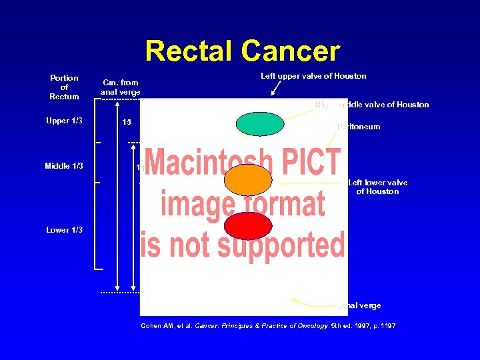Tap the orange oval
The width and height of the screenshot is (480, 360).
248,180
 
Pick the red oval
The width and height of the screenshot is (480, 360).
248,226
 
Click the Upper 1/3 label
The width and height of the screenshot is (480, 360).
64,121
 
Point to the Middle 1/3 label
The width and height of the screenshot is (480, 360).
64,166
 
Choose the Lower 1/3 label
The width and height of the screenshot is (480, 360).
64,230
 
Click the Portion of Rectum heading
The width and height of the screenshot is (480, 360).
64,87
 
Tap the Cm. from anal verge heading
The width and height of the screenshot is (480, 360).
120,87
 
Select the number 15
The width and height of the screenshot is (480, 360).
126,123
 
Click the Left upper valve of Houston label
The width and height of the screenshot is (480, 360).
313,76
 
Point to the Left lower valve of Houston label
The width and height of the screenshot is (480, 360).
377,187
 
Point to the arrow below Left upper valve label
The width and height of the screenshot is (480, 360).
275,88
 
